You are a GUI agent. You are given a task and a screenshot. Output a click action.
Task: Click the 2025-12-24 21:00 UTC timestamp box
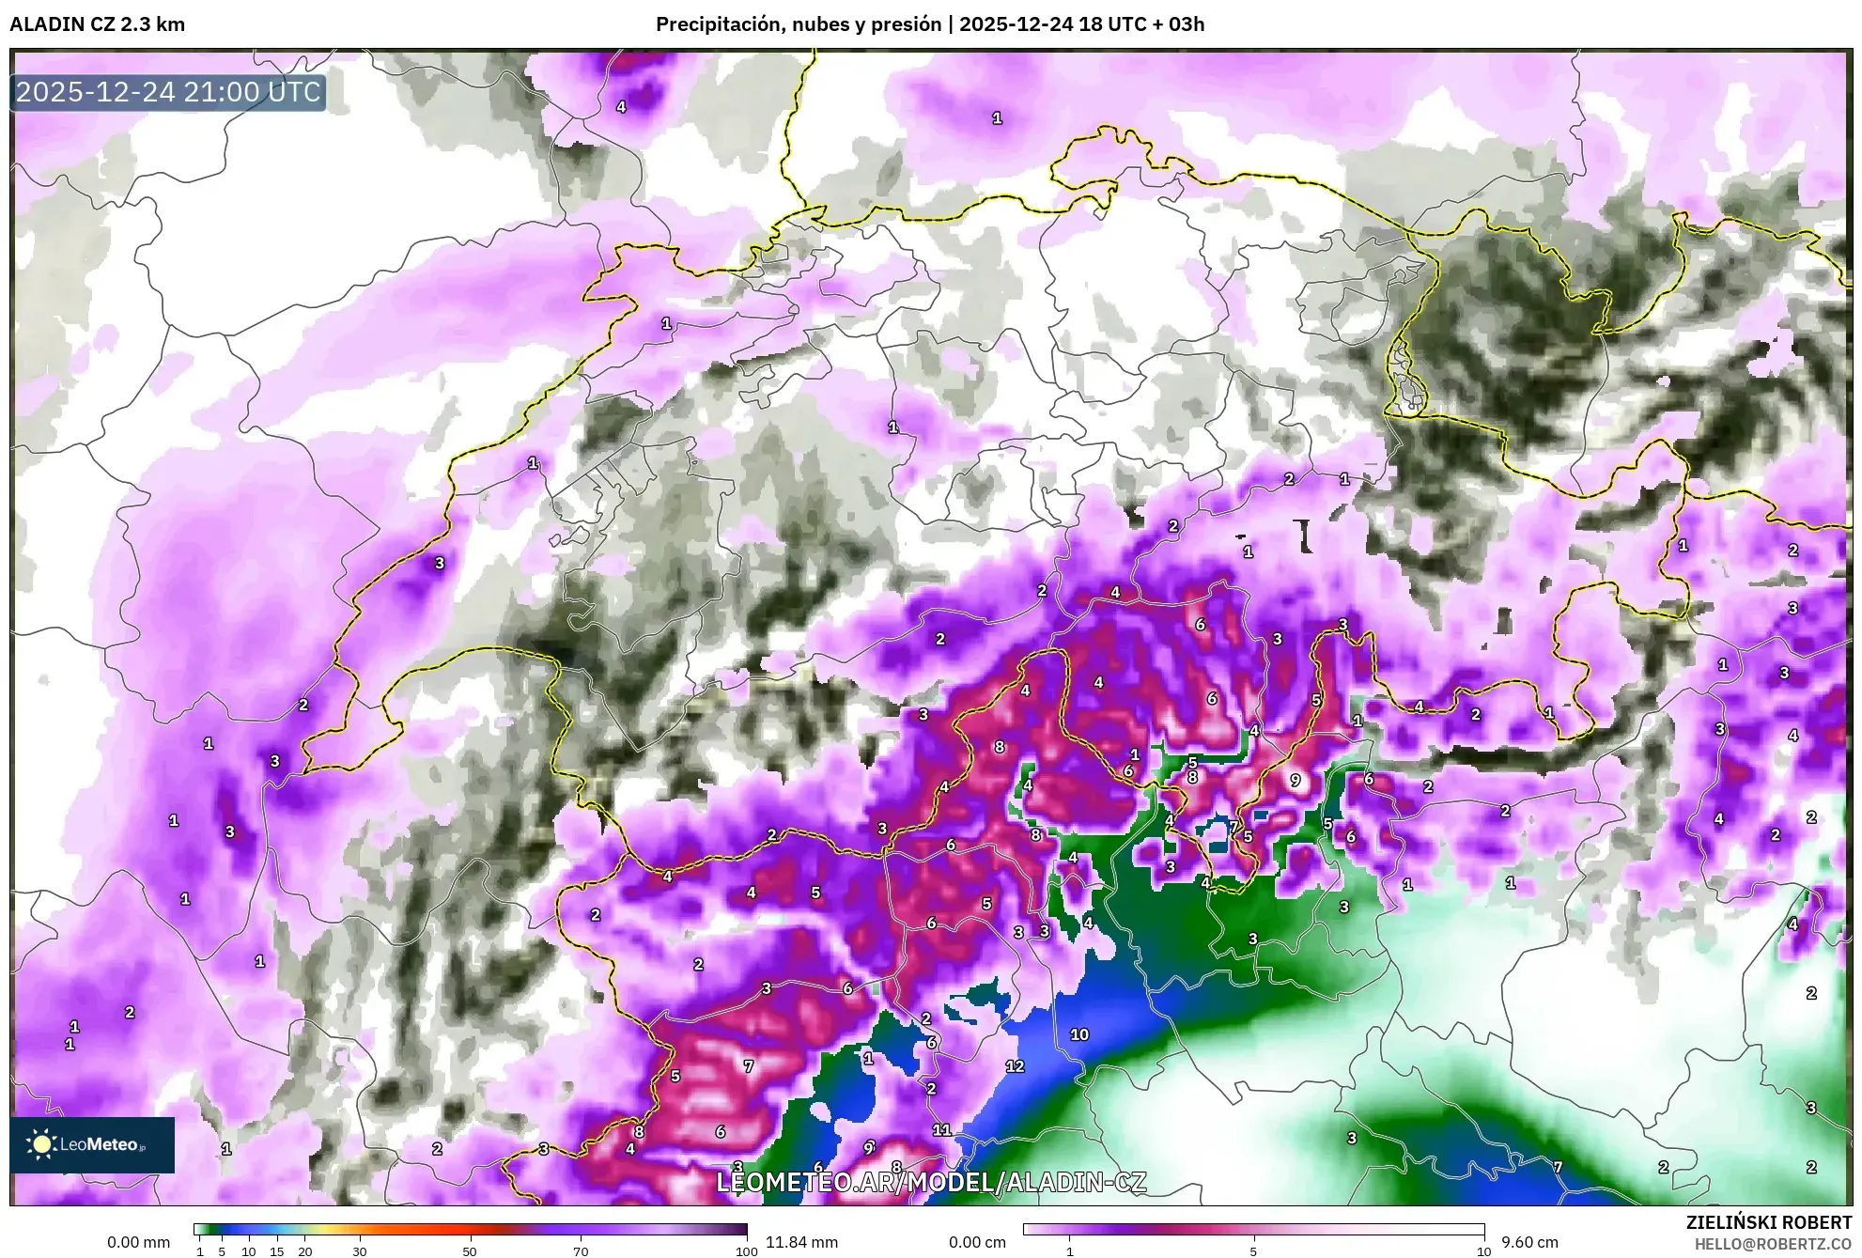pyautogui.click(x=168, y=92)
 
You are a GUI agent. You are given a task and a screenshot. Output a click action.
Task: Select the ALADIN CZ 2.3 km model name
pyautogui.click(x=97, y=24)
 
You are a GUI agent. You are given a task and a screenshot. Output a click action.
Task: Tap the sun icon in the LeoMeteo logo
pyautogui.click(x=41, y=1143)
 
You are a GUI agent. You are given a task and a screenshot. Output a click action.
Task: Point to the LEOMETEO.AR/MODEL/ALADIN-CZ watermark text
pyautogui.click(x=930, y=1182)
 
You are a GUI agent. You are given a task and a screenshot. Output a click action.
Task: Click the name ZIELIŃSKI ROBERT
pyautogui.click(x=1768, y=1222)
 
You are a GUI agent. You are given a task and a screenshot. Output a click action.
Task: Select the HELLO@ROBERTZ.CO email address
pyautogui.click(x=1772, y=1244)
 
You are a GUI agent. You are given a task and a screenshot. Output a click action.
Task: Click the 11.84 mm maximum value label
pyautogui.click(x=801, y=1242)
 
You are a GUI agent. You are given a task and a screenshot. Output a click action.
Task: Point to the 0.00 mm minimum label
pyautogui.click(x=138, y=1242)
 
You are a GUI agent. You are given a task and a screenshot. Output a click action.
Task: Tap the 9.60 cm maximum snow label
pyautogui.click(x=1529, y=1242)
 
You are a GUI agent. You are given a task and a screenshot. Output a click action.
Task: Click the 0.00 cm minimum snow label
pyautogui.click(x=977, y=1242)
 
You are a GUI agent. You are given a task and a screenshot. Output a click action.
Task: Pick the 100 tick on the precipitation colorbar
pyautogui.click(x=746, y=1251)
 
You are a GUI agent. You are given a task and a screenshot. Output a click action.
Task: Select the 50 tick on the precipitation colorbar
pyautogui.click(x=470, y=1251)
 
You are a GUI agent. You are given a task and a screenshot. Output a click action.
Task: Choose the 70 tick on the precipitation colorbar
pyautogui.click(x=581, y=1251)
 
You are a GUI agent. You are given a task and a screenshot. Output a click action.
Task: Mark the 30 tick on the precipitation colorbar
pyautogui.click(x=360, y=1251)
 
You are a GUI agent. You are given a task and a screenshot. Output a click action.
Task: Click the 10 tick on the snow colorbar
pyautogui.click(x=1483, y=1251)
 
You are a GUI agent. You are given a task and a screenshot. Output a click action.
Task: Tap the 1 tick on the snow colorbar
pyautogui.click(x=1069, y=1251)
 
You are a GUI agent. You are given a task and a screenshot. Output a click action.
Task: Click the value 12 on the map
pyautogui.click(x=1015, y=1066)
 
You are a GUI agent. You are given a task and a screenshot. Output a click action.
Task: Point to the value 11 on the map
pyautogui.click(x=941, y=1130)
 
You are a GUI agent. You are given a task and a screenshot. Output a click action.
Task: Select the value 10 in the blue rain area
pyautogui.click(x=1079, y=1034)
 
